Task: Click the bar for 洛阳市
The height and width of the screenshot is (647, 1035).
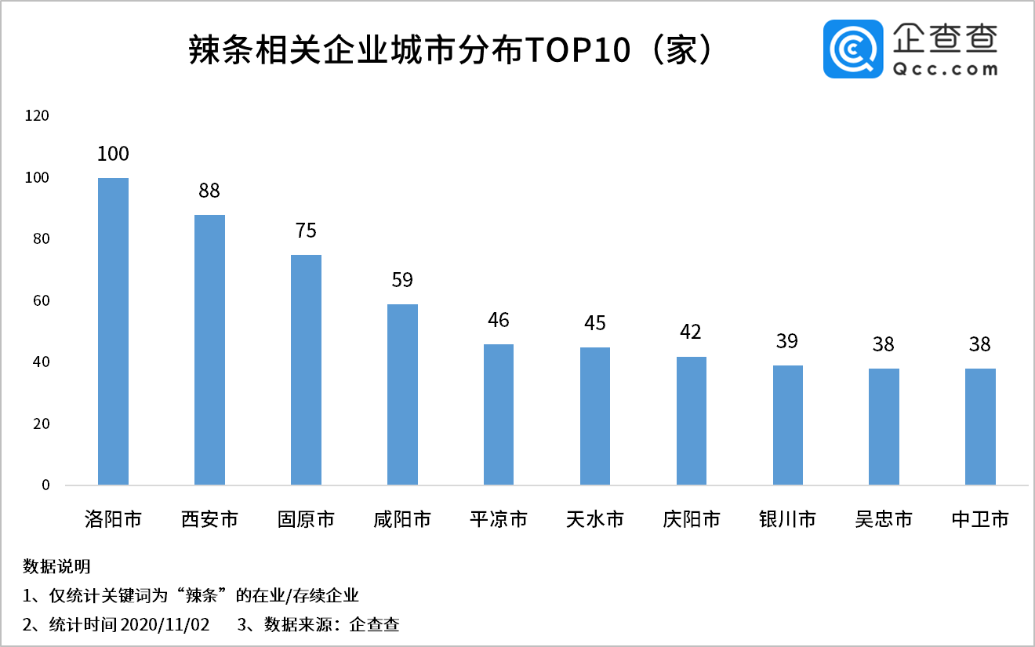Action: click(113, 331)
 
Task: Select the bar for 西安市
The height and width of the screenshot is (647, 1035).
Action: click(209, 350)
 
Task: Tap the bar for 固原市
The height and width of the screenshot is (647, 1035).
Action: click(306, 369)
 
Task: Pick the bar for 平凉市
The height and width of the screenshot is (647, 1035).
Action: click(499, 414)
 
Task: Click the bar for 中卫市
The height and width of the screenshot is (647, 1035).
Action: click(980, 427)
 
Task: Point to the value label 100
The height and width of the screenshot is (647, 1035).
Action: click(113, 154)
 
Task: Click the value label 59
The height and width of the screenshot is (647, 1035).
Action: click(402, 280)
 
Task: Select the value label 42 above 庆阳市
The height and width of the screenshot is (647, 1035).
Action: click(691, 333)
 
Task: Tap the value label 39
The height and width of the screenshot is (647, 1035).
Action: click(787, 341)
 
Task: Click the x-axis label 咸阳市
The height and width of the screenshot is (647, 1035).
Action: click(402, 519)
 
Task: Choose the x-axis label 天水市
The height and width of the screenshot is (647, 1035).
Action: click(595, 519)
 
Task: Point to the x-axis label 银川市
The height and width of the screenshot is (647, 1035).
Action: click(787, 519)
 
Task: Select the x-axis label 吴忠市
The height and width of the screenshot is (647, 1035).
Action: click(884, 519)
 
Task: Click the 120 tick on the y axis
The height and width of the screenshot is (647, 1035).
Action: click(37, 116)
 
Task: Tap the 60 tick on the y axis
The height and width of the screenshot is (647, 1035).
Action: click(40, 301)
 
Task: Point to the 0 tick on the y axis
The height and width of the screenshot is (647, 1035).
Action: click(45, 485)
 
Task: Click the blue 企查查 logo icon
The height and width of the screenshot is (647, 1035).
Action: click(853, 49)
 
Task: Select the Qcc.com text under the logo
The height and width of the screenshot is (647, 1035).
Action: click(946, 69)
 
